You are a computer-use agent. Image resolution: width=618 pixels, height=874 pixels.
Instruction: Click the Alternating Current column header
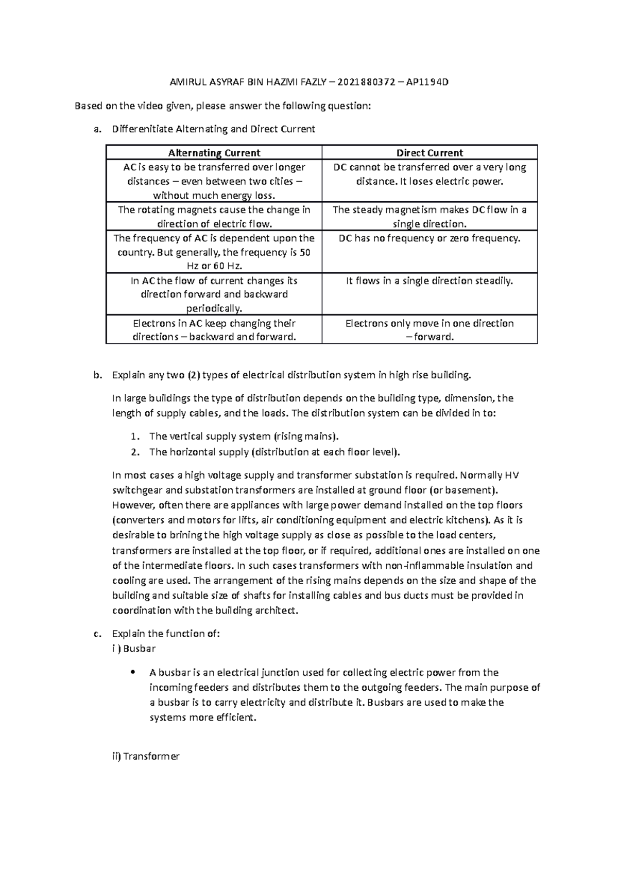pos(214,153)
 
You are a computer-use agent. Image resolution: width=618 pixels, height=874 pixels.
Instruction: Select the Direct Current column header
pos(430,153)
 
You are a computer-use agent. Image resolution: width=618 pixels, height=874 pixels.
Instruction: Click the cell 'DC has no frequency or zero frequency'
pos(430,238)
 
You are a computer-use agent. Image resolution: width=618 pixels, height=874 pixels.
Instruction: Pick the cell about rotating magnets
pos(214,217)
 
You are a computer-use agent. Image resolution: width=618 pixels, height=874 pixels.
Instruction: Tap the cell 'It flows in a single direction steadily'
pos(430,281)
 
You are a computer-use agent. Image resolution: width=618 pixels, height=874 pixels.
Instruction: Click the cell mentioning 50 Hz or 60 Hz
pos(214,252)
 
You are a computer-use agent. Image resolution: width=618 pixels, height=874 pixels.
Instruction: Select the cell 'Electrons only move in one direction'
pos(430,330)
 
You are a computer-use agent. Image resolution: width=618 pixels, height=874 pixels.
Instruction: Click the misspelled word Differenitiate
pos(143,129)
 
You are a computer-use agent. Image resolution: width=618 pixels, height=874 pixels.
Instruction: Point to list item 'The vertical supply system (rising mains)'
pos(244,436)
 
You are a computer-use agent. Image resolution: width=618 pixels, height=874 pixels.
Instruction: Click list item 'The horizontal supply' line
pos(274,452)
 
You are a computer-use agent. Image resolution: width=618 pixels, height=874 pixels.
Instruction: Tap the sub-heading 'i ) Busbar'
pos(133,649)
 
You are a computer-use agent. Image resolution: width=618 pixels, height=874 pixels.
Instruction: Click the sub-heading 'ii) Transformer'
pos(146,756)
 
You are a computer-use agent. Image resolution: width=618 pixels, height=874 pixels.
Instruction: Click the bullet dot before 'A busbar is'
pos(132,672)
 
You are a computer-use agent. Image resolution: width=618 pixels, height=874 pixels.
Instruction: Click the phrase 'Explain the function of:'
pos(166,634)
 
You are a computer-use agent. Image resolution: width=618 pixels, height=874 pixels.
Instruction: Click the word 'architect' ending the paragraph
pos(277,611)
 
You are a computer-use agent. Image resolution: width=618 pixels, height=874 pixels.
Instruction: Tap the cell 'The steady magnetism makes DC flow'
pos(430,217)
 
